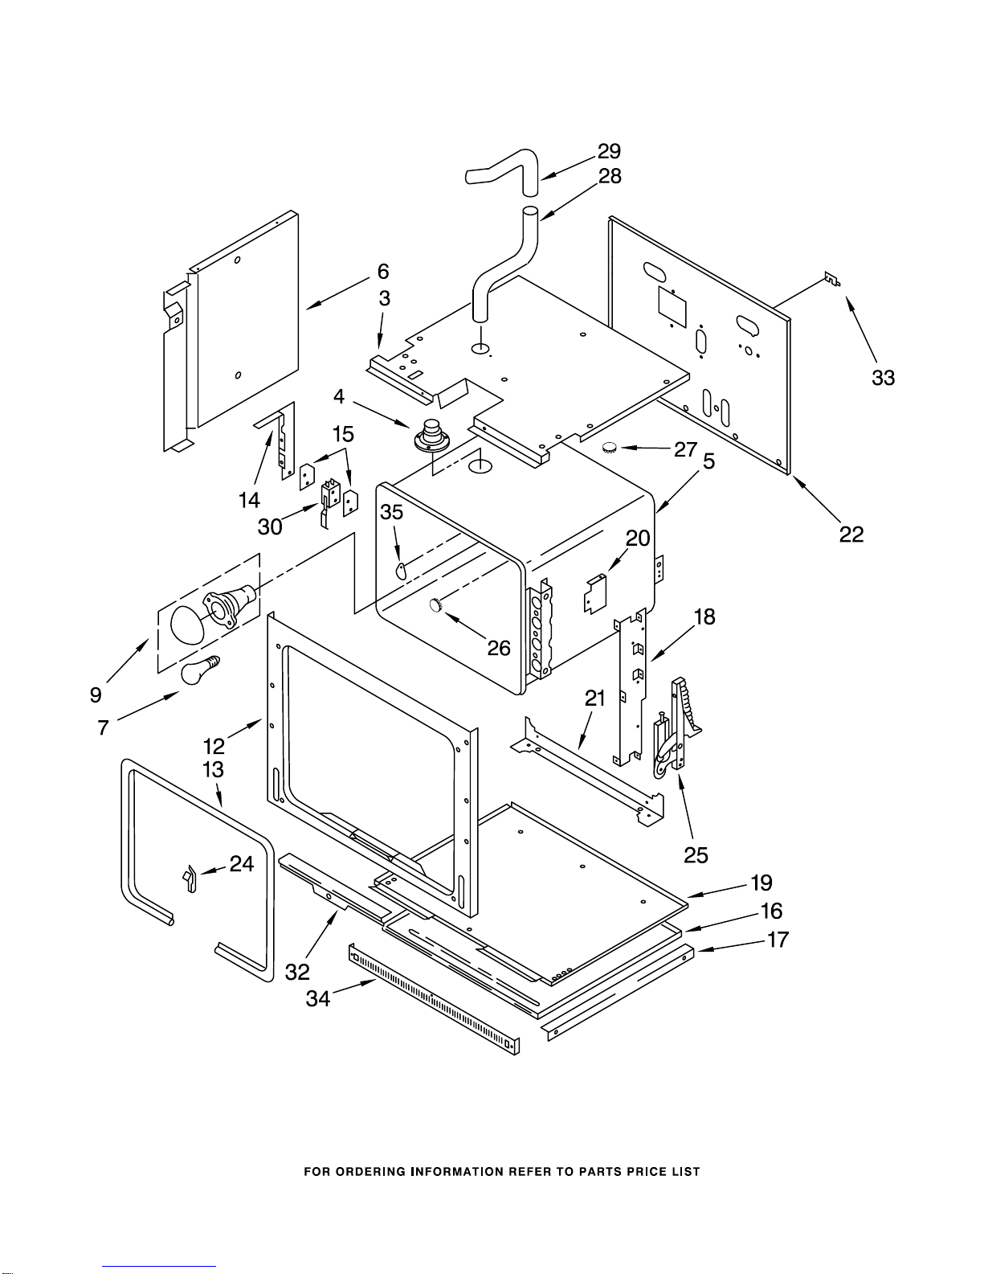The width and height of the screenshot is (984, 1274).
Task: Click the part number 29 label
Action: (609, 151)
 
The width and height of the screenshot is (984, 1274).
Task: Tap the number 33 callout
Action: (884, 378)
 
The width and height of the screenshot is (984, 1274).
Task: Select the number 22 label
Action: (851, 534)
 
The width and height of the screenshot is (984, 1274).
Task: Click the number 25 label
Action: (696, 855)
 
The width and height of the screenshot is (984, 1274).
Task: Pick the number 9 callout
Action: (96, 694)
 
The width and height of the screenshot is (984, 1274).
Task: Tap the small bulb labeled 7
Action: (200, 670)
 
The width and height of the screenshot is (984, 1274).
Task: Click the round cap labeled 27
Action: (609, 448)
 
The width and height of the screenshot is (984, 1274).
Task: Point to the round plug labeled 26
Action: (435, 604)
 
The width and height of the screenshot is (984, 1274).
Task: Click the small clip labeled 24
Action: (189, 880)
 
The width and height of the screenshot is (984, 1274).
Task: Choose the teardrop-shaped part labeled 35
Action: (401, 569)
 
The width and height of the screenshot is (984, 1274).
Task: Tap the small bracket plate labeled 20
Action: (595, 593)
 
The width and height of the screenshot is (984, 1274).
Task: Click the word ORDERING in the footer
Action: (366, 1171)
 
